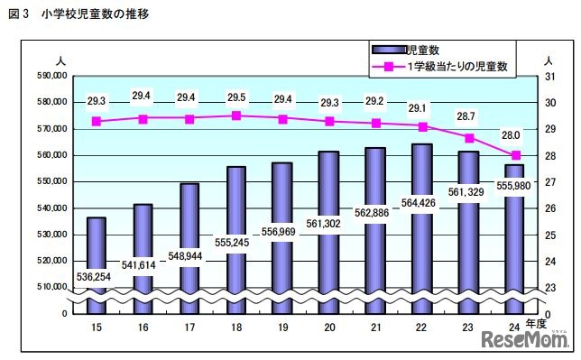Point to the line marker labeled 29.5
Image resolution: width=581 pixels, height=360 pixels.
(235, 115)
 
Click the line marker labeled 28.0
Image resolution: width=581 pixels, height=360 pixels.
(515, 155)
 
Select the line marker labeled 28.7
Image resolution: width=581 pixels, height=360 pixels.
(468, 137)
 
